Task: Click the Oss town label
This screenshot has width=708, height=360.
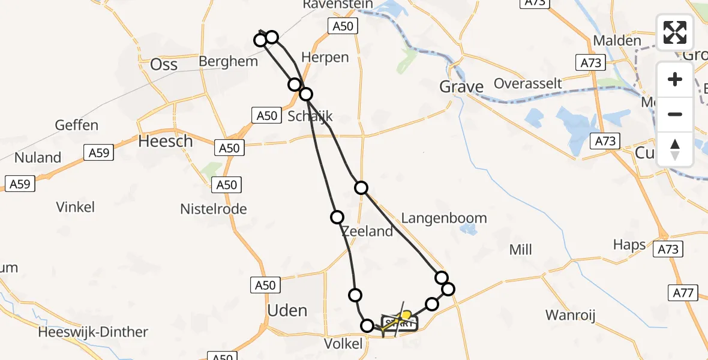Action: tap(164, 64)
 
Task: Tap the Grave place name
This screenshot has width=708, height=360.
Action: tap(461, 87)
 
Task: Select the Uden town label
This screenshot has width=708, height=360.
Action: tap(287, 310)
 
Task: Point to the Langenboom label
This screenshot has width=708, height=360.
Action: tap(443, 218)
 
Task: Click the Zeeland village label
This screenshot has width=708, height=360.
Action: tap(367, 231)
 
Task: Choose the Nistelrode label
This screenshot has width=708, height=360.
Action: tap(214, 209)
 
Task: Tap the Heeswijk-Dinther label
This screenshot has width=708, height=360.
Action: tap(92, 332)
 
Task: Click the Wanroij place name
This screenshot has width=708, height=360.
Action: tap(570, 315)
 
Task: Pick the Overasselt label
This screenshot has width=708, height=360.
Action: tap(528, 83)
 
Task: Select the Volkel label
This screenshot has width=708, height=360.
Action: tap(343, 344)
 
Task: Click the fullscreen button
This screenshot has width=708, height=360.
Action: tap(675, 32)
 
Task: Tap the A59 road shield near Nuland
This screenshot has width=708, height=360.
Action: tap(99, 153)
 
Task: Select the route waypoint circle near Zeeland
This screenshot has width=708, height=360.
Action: tap(337, 217)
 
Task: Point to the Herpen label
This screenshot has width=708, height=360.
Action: tap(325, 58)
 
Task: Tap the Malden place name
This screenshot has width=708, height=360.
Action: tap(617, 41)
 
